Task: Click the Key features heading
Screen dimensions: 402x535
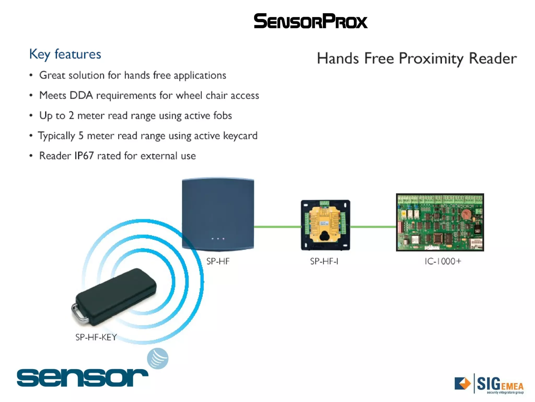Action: [x=65, y=54]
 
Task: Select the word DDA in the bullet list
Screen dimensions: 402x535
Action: [x=81, y=95]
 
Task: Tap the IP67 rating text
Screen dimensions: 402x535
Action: [x=84, y=156]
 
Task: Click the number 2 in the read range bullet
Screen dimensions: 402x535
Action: [x=71, y=115]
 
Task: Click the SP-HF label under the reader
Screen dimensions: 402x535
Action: [x=218, y=261]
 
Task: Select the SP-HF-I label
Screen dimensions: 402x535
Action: [x=324, y=261]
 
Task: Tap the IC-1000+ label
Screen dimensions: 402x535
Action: [x=443, y=261]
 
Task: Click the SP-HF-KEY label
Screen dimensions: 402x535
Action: [x=96, y=337]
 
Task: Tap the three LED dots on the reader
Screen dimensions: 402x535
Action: [x=218, y=239]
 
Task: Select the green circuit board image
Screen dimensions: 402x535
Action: [x=440, y=222]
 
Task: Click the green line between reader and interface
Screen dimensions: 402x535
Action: [x=277, y=227]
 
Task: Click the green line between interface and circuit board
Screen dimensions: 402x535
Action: [x=373, y=227]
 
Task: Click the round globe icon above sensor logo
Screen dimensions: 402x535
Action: [x=158, y=358]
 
